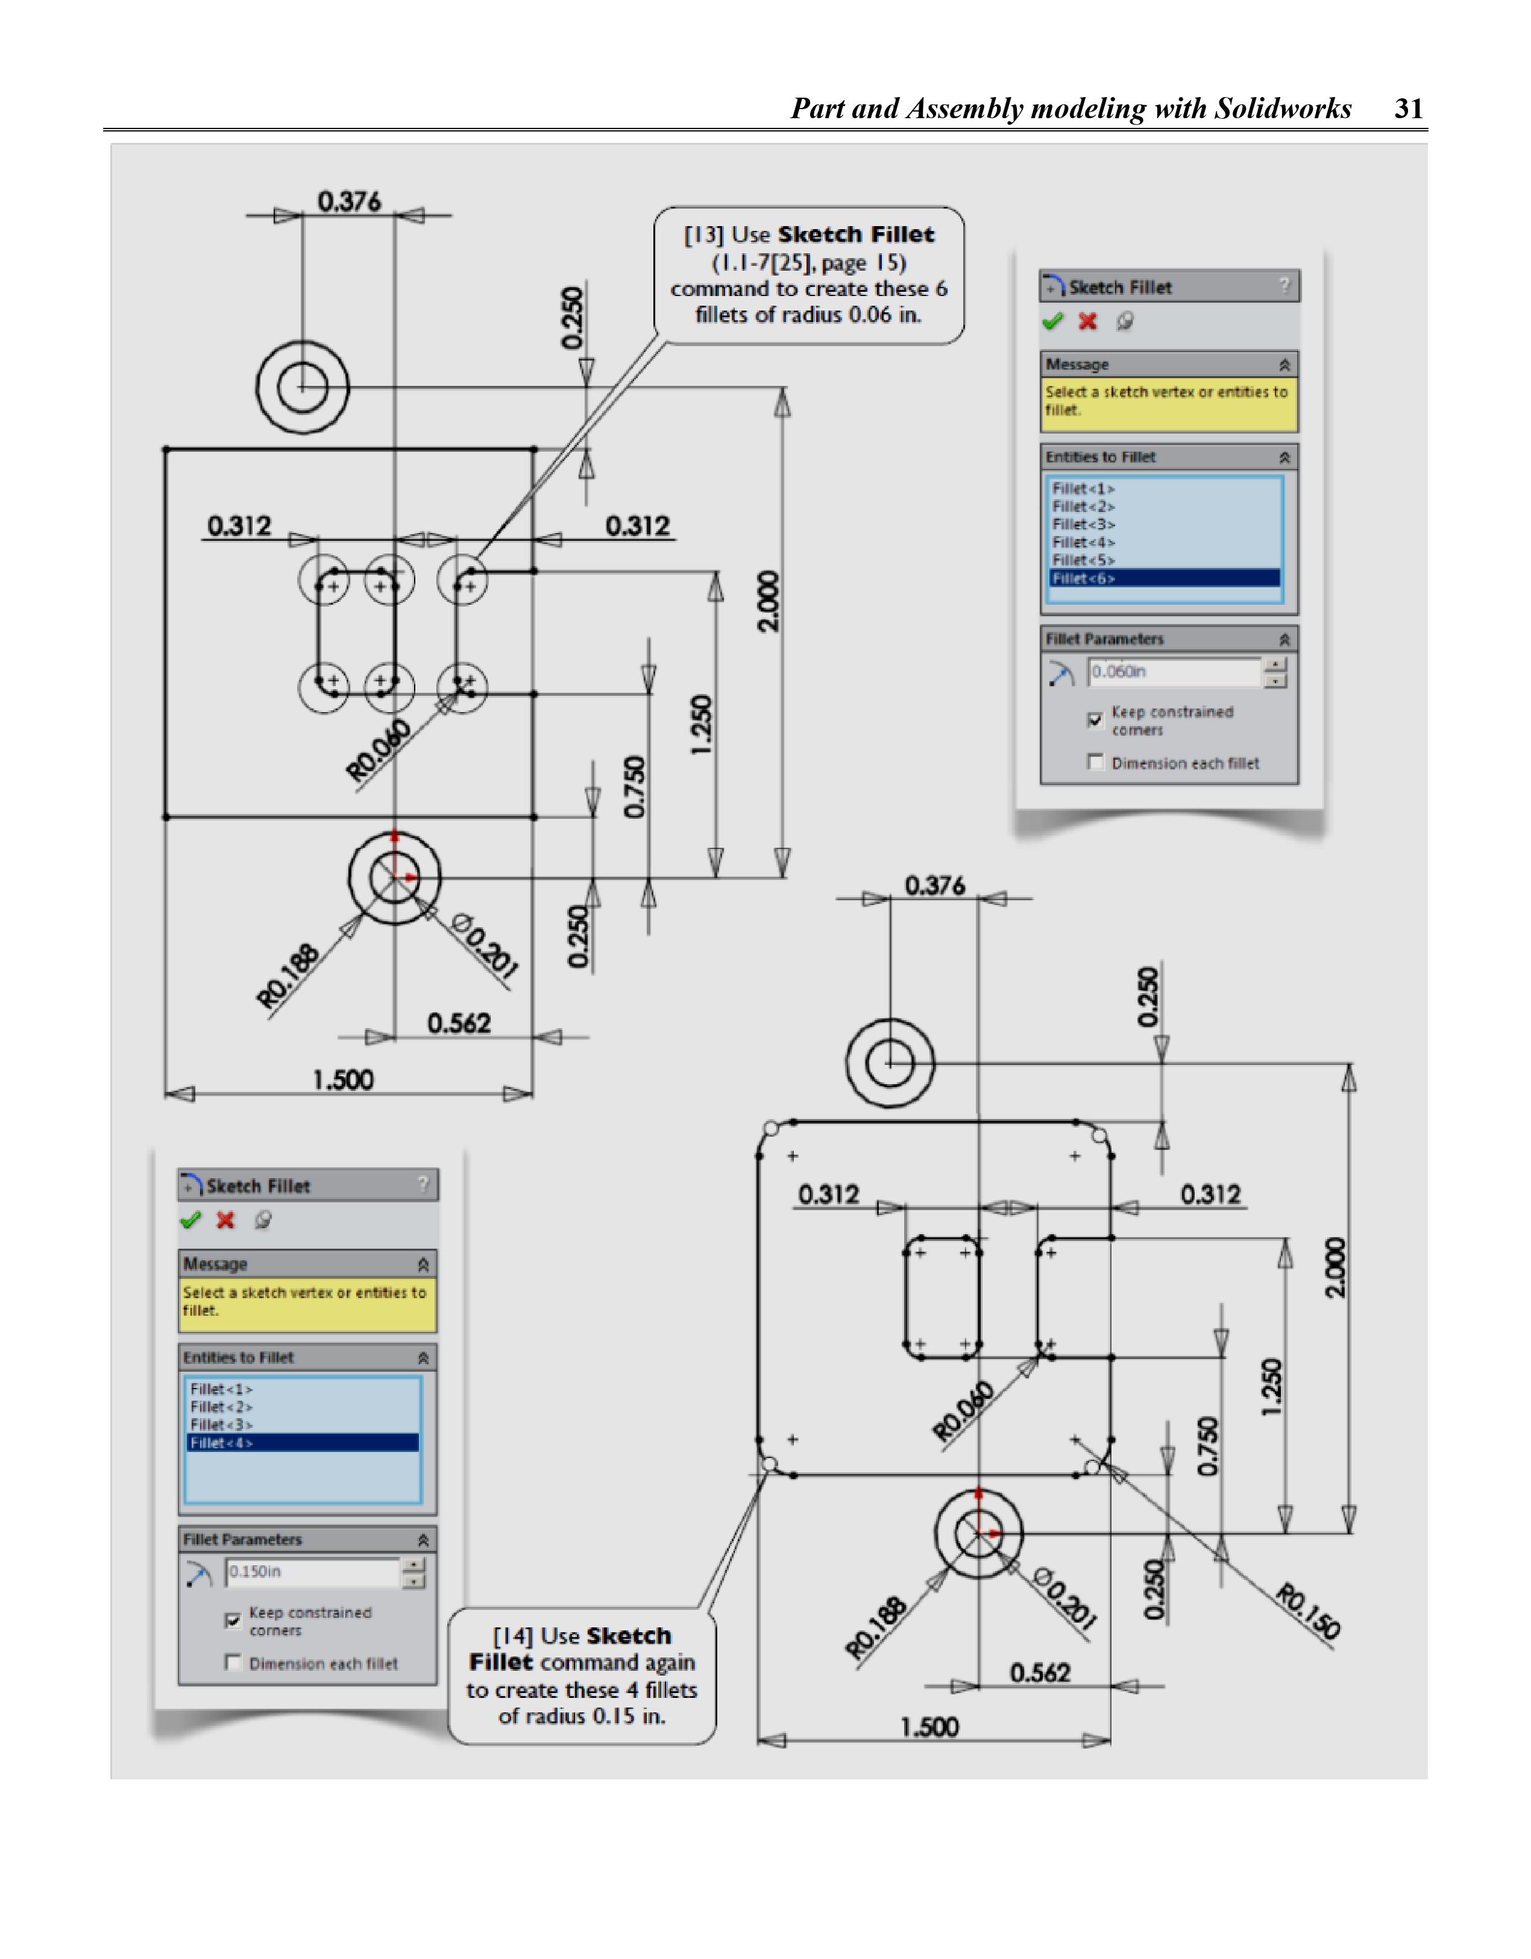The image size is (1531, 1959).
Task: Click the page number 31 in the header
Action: point(1408,109)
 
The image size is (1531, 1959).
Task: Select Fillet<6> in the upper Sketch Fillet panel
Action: point(1083,579)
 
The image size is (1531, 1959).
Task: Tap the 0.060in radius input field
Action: point(1173,672)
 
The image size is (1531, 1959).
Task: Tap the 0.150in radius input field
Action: point(311,1571)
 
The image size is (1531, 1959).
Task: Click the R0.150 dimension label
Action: point(1307,1612)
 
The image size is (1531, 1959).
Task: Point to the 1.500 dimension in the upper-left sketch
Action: point(342,1080)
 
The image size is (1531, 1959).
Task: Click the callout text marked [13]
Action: point(808,274)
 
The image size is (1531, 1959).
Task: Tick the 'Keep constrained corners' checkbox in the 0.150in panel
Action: point(232,1620)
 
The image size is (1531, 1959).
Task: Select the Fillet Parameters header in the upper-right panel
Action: point(1104,639)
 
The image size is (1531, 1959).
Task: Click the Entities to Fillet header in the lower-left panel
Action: point(239,1358)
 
